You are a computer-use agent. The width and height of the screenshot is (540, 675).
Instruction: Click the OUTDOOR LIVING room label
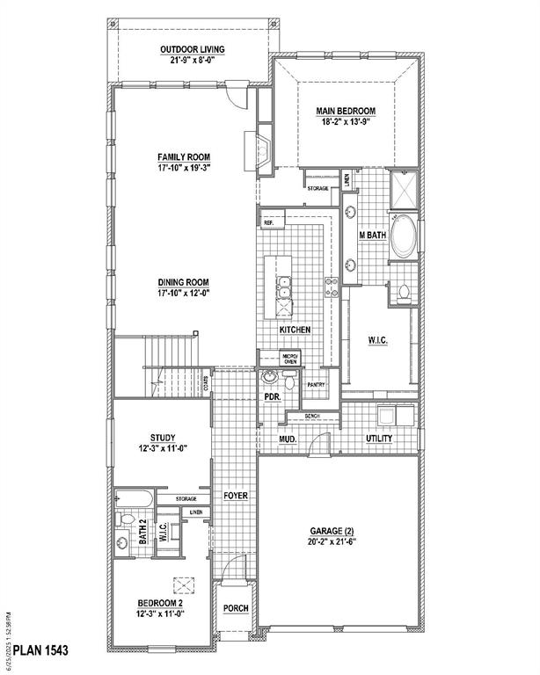click(x=192, y=48)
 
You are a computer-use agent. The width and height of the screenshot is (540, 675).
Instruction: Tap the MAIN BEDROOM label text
click(x=346, y=111)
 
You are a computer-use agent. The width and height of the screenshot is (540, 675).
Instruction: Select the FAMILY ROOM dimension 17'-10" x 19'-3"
click(x=184, y=166)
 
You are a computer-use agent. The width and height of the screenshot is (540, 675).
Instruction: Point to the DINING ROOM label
click(x=184, y=282)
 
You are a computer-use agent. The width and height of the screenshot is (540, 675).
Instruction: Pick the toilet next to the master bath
click(x=404, y=292)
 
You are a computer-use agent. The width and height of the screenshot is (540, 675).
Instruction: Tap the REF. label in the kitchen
click(x=268, y=223)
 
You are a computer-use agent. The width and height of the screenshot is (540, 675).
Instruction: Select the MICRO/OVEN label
click(x=289, y=358)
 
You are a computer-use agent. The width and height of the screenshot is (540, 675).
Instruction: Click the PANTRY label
click(x=316, y=385)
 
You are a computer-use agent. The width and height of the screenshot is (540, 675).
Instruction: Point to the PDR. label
click(x=273, y=396)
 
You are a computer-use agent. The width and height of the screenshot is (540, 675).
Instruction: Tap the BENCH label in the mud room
click(x=311, y=416)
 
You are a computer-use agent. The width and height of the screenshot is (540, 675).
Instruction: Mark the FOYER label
click(x=235, y=496)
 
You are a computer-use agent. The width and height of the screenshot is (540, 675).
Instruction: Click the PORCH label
click(x=235, y=608)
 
